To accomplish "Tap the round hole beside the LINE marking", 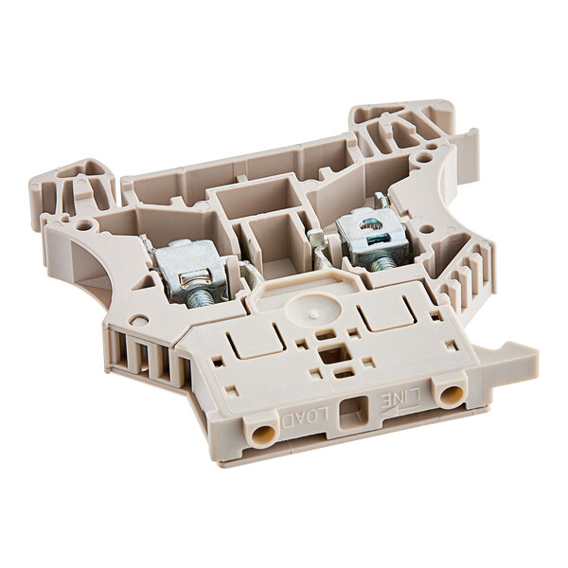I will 451,391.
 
